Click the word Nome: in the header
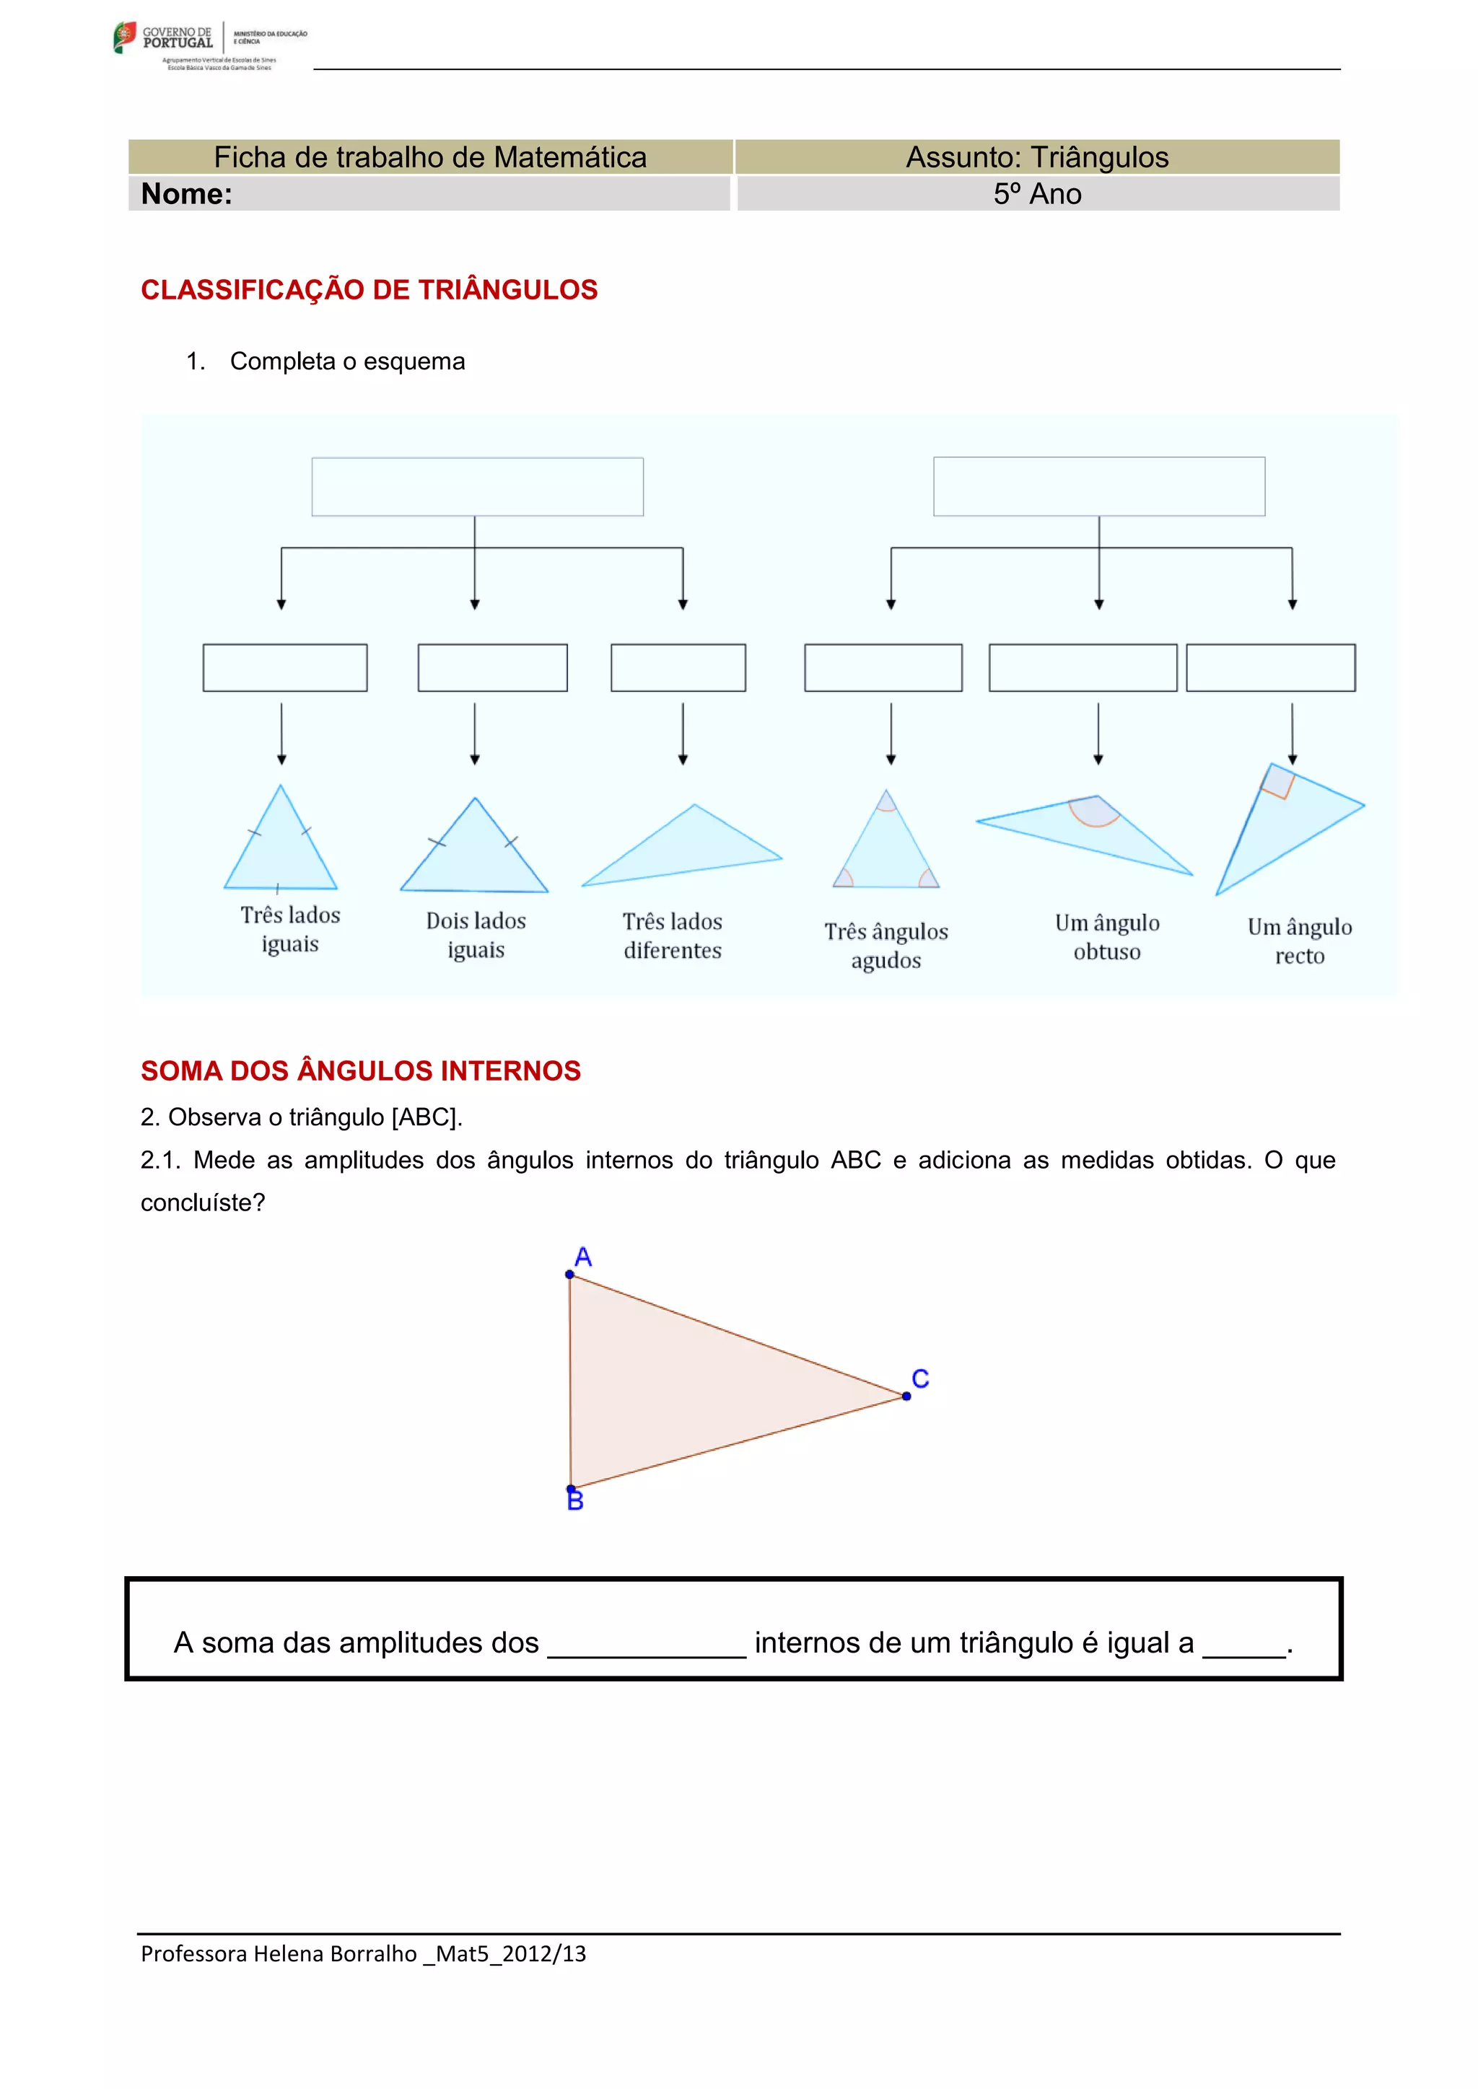[x=187, y=194]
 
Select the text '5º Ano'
[x=1038, y=194]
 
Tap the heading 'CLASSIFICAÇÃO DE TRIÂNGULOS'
[x=369, y=289]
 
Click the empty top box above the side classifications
[x=477, y=487]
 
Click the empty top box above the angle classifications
[x=1098, y=487]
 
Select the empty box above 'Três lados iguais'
[x=285, y=668]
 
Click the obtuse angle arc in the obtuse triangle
[x=1094, y=812]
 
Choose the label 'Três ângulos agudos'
[x=886, y=946]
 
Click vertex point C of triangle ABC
[x=906, y=1397]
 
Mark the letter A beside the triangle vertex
[x=583, y=1257]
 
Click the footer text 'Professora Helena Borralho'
[x=279, y=1954]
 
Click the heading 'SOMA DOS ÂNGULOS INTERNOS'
[x=360, y=1071]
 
